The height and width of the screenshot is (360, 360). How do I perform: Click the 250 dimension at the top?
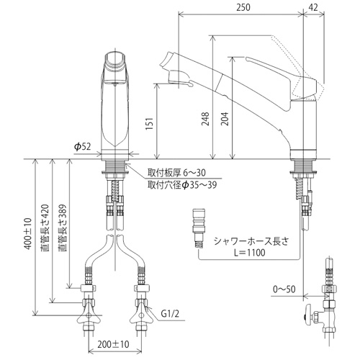(x=243, y=7)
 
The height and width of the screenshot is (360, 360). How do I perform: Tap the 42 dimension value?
(x=313, y=7)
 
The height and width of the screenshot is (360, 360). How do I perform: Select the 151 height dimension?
(x=149, y=124)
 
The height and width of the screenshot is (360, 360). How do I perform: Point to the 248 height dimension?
(x=205, y=119)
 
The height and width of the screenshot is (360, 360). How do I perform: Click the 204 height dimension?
(x=225, y=119)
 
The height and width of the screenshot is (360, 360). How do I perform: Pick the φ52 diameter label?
(x=83, y=146)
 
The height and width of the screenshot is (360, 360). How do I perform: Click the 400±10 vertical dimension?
(x=27, y=233)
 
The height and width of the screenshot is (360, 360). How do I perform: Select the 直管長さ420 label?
(x=45, y=228)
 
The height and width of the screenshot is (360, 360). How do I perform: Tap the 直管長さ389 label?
(x=63, y=228)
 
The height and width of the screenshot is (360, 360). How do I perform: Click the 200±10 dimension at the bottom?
(x=113, y=344)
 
